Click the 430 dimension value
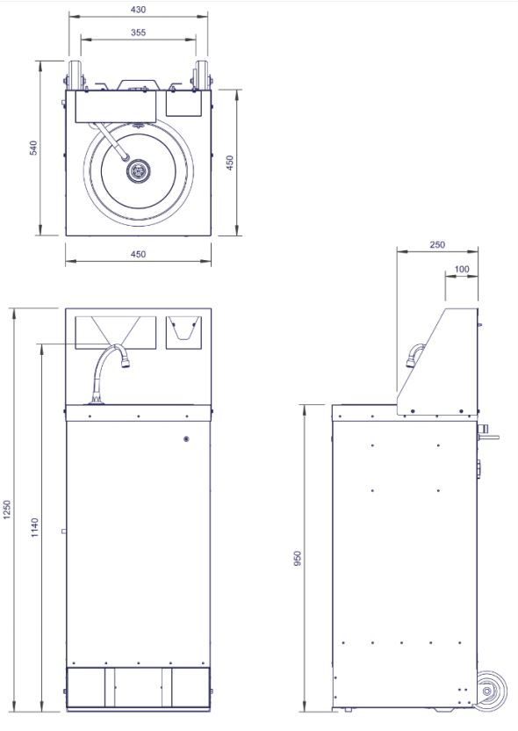click(139, 10)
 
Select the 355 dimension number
click(139, 33)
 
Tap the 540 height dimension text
click(33, 148)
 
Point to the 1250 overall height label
click(6, 510)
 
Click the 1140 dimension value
click(35, 527)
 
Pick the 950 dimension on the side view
click(298, 559)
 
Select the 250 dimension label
click(437, 245)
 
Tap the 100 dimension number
click(462, 269)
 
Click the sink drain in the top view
click(139, 170)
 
